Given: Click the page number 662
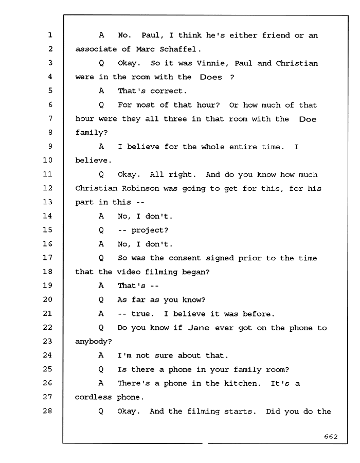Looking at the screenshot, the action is (x=331, y=436).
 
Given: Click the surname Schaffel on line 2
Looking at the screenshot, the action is (x=178, y=49).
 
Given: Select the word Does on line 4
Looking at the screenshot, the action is (x=211, y=77).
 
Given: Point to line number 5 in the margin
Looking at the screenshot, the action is (x=50, y=91).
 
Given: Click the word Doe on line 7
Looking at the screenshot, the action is (x=308, y=119).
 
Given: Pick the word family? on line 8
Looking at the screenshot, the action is (x=92, y=133).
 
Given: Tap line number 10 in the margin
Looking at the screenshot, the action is (x=48, y=160).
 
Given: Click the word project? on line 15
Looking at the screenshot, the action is (x=150, y=230).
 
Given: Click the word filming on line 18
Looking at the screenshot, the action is (x=161, y=272).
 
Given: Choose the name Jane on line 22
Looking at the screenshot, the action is (x=199, y=328).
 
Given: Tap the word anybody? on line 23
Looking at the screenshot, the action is (x=94, y=342).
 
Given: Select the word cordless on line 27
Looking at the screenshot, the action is (x=93, y=397).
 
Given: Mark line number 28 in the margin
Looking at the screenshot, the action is (x=48, y=411).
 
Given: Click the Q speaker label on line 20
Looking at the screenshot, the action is (x=101, y=300).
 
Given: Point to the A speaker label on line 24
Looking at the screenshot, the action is (x=101, y=355).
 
